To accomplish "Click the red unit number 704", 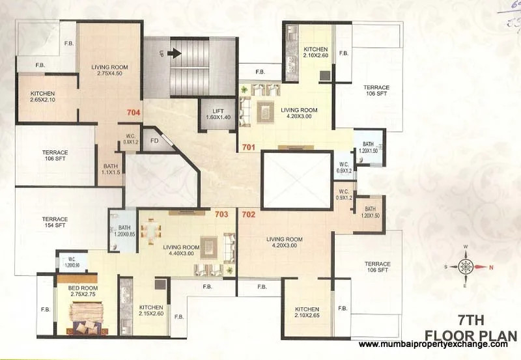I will [x=134, y=111].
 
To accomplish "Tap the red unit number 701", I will [x=247, y=146].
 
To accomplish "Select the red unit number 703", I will [x=221, y=213].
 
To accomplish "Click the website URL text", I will [x=432, y=344].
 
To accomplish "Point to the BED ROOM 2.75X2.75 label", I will [x=80, y=290].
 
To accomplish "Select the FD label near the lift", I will [x=154, y=139].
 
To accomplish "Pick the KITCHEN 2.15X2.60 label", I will [x=151, y=311].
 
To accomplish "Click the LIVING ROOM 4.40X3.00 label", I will [x=182, y=251].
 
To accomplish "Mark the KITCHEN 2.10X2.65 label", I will [x=307, y=312].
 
